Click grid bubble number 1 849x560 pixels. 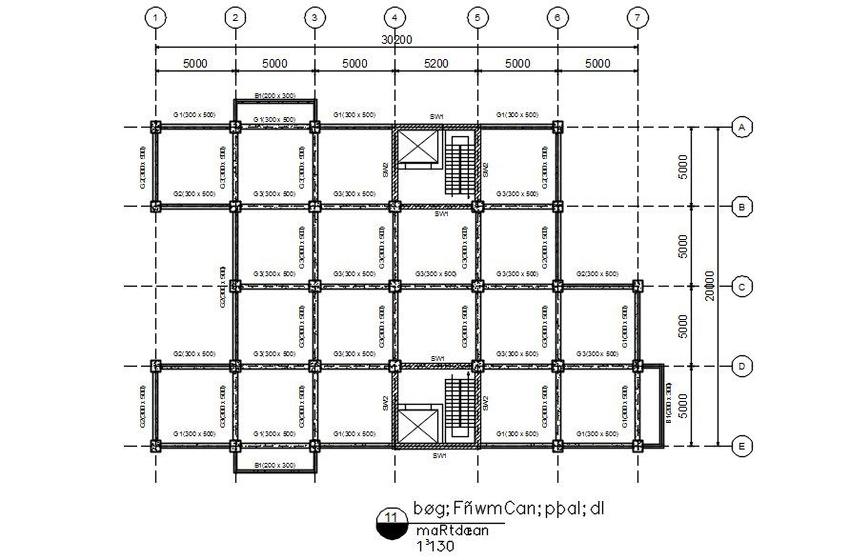[156, 17]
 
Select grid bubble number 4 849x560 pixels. [395, 17]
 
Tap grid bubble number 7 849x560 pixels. [637, 17]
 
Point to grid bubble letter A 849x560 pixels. [738, 127]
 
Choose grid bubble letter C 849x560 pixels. [738, 286]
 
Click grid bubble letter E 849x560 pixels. [738, 445]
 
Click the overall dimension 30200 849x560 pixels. [396, 40]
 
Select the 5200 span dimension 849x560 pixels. [435, 64]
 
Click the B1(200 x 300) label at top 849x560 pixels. [274, 95]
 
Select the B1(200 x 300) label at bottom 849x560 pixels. [274, 465]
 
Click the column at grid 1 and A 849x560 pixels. [156, 127]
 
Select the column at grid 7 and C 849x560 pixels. [637, 286]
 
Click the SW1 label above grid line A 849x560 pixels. [437, 116]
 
